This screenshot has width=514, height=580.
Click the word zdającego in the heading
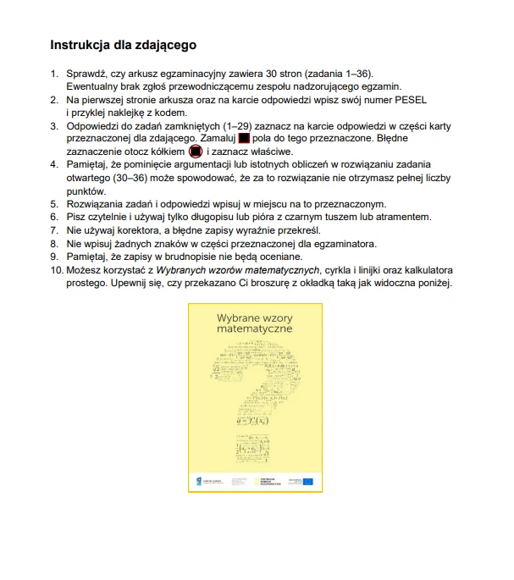(x=168, y=44)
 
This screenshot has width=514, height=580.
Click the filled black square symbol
(x=244, y=137)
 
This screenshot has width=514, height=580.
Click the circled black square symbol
(x=195, y=151)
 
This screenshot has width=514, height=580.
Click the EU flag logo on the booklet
(x=307, y=481)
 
